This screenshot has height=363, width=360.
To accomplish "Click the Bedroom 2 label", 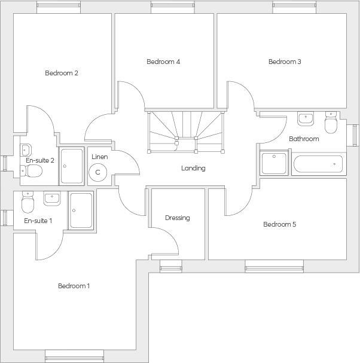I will pyautogui.click(x=62, y=73).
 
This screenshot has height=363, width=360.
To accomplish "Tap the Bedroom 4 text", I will pyautogui.click(x=163, y=62).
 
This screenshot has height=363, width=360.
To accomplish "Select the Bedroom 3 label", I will pyautogui.click(x=285, y=62).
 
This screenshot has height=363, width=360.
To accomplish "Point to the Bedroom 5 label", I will pyautogui.click(x=280, y=224).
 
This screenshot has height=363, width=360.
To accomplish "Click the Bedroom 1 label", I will pyautogui.click(x=74, y=286).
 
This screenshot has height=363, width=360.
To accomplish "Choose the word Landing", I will pyautogui.click(x=193, y=168).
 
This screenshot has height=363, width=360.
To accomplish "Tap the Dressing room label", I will pyautogui.click(x=178, y=218).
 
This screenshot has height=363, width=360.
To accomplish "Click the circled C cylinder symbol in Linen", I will pyautogui.click(x=97, y=172).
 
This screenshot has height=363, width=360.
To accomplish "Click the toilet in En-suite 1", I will pyautogui.click(x=27, y=205).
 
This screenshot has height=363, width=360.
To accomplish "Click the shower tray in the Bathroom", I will pyautogui.click(x=274, y=163).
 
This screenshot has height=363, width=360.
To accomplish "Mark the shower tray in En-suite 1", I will pyautogui.click(x=81, y=210).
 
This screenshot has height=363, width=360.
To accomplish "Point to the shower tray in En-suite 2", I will pyautogui.click(x=72, y=166).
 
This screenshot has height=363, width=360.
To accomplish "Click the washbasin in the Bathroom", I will pyautogui.click(x=306, y=118).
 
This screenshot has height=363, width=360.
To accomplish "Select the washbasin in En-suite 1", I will pyautogui.click(x=51, y=198).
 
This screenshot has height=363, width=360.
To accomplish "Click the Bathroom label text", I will pyautogui.click(x=304, y=139).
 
